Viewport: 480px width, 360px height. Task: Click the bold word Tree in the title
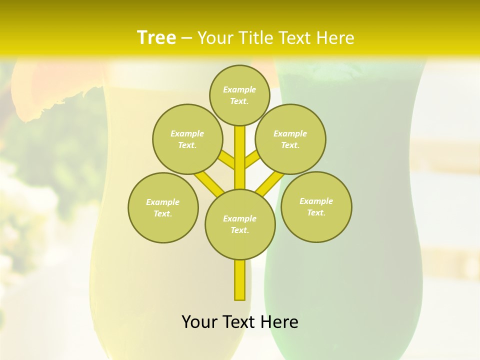click(x=156, y=37)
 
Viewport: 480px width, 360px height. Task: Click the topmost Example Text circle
click(x=239, y=95)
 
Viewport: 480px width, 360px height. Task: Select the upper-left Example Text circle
click(x=187, y=139)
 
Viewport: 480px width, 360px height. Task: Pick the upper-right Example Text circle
click(x=290, y=139)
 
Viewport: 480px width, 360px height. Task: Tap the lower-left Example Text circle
click(x=163, y=207)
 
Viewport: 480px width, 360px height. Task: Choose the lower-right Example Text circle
click(x=316, y=206)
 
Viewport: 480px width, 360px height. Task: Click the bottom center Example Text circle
click(x=240, y=224)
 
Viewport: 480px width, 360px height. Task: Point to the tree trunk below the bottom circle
click(x=240, y=280)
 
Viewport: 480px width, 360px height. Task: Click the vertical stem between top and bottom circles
click(x=240, y=157)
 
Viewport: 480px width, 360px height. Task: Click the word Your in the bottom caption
click(x=199, y=322)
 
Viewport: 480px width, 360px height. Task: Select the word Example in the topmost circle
click(x=239, y=89)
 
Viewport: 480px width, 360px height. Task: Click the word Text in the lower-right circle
click(x=316, y=212)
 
